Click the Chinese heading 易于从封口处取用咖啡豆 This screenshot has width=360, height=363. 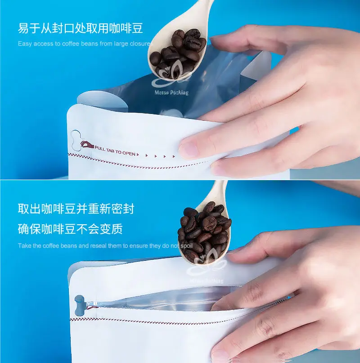coord(80,28)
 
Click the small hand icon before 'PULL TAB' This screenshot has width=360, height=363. coord(87,145)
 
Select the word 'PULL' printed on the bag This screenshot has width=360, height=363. coord(100,148)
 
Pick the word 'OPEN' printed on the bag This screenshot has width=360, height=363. coord(129,153)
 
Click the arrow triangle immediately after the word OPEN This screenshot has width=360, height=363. coord(138,154)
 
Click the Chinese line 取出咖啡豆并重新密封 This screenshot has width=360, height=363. coord(76,209)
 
